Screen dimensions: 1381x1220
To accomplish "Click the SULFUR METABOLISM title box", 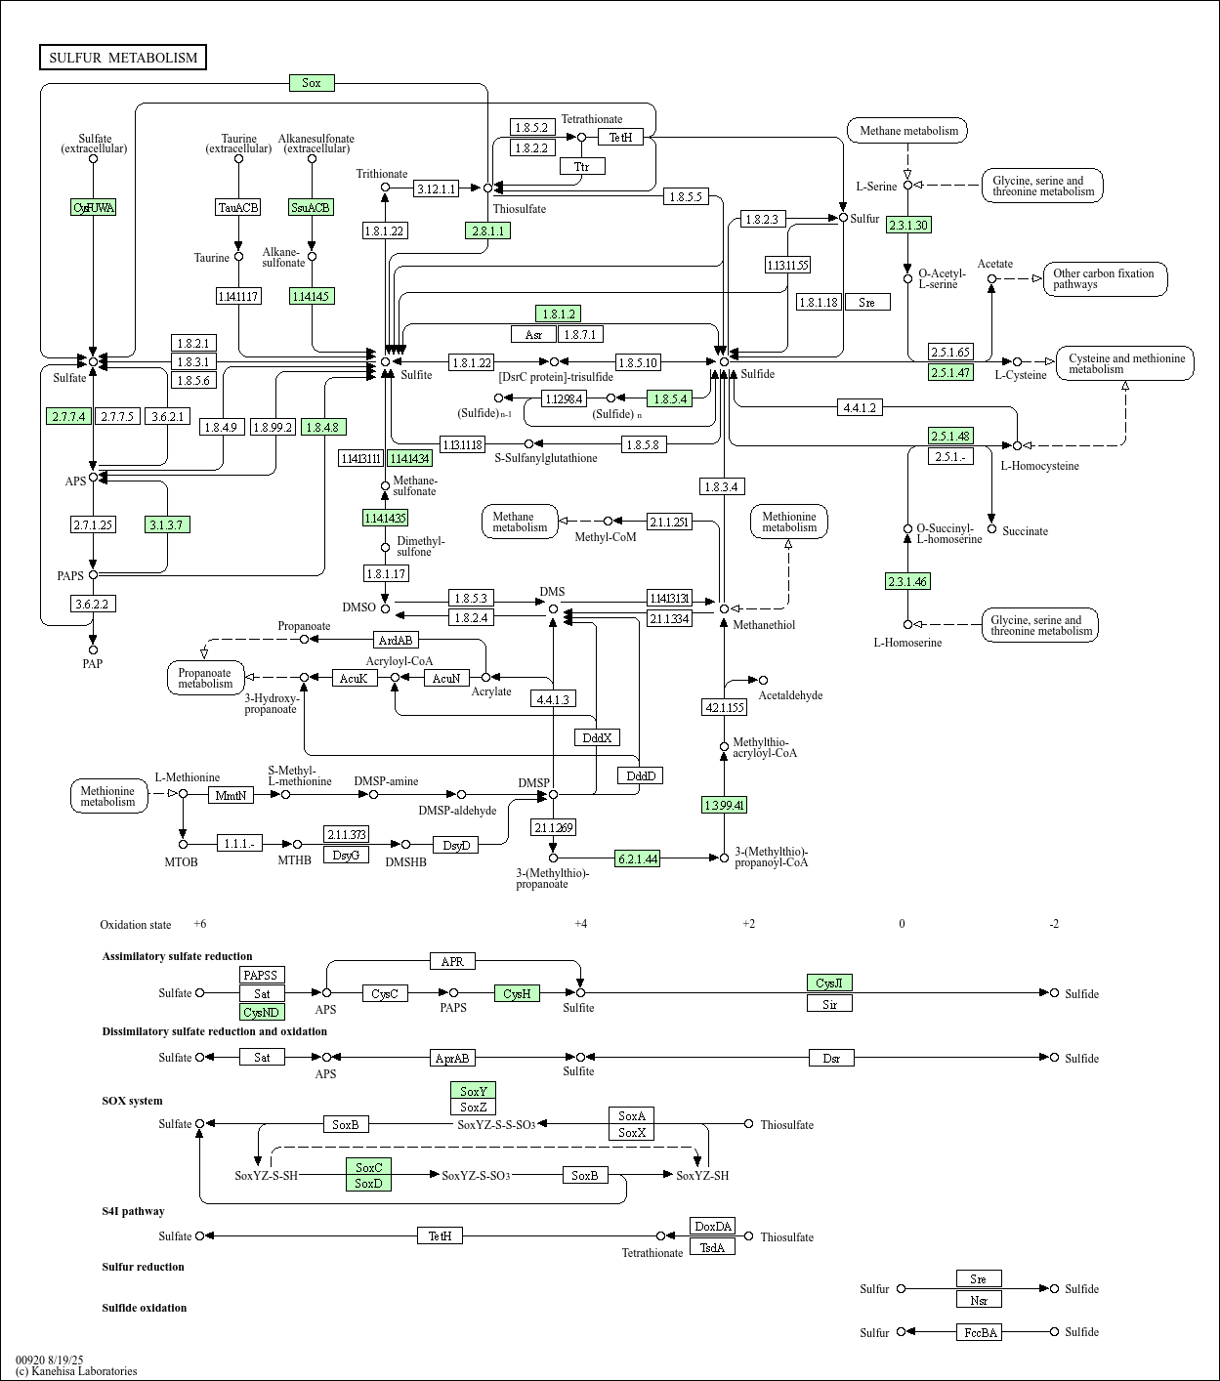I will pyautogui.click(x=123, y=58).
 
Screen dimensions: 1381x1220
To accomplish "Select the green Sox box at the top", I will pyautogui.click(x=312, y=83).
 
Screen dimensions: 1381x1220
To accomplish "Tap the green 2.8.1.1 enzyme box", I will pyautogui.click(x=487, y=230).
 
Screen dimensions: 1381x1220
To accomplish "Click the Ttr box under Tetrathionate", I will pyautogui.click(x=582, y=166).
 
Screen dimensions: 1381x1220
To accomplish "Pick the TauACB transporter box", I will pyautogui.click(x=238, y=207).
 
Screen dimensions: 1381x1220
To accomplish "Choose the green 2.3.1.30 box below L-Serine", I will pyautogui.click(x=907, y=225).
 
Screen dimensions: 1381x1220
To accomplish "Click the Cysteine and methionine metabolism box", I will pyautogui.click(x=1125, y=363).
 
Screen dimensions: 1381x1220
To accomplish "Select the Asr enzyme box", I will pyautogui.click(x=533, y=334).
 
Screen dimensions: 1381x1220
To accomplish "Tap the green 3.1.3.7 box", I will pyautogui.click(x=167, y=524).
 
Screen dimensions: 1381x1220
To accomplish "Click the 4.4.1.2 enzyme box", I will pyautogui.click(x=860, y=407).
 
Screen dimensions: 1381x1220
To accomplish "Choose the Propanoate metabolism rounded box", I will pyautogui.click(x=205, y=678).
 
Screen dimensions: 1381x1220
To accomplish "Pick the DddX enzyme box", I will pyautogui.click(x=597, y=737).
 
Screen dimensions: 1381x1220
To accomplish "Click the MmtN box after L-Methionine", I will pyautogui.click(x=231, y=795).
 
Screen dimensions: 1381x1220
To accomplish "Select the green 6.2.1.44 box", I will pyautogui.click(x=637, y=858).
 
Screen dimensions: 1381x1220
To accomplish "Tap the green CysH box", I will pyautogui.click(x=517, y=993).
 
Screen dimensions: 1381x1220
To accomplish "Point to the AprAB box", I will pyautogui.click(x=452, y=1058).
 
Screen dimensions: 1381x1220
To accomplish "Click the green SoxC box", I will pyautogui.click(x=368, y=1167).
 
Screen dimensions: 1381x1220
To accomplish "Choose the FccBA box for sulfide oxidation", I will pyautogui.click(x=979, y=1332).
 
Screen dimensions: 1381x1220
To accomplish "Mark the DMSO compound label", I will pyautogui.click(x=358, y=607).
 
